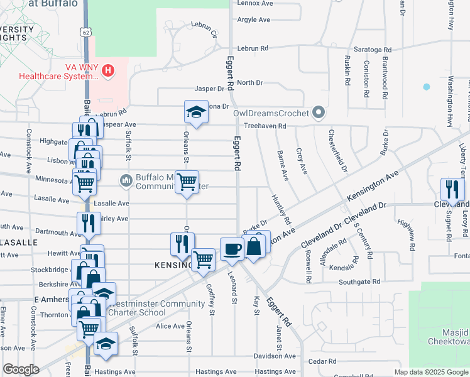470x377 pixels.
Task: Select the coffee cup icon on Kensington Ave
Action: point(231,249)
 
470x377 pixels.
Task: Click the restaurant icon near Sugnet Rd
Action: point(452,188)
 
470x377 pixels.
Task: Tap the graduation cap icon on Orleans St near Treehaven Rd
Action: point(196,112)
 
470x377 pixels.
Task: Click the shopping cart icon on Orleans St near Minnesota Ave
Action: point(187,182)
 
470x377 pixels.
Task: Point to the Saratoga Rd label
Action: point(374,49)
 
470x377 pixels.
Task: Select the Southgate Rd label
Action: point(359,281)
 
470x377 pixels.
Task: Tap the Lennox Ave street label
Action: point(254,3)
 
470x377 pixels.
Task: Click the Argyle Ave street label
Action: point(254,20)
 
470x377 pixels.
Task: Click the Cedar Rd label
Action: point(323,361)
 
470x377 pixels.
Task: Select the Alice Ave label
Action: point(170,326)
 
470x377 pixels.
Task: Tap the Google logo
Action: point(21,369)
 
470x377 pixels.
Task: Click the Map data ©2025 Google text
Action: point(430,372)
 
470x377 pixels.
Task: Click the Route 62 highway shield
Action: point(85,31)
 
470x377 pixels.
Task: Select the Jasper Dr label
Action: point(209,89)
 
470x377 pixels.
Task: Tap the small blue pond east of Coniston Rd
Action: point(427,87)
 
